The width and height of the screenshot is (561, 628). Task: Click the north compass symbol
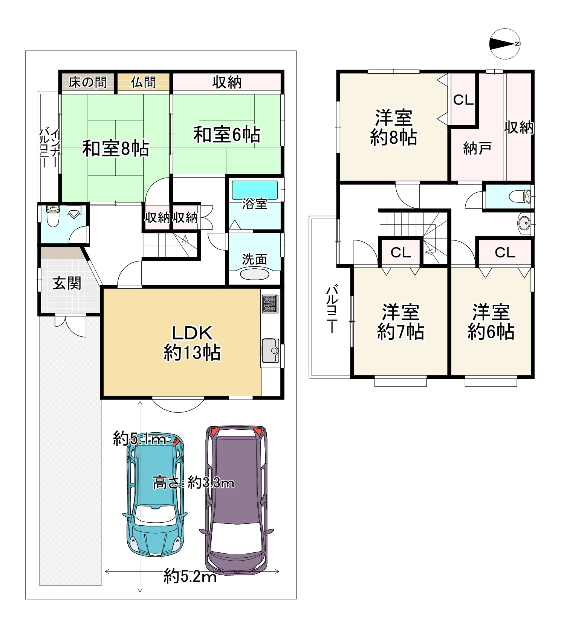(505, 44)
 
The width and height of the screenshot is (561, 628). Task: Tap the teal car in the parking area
(156, 497)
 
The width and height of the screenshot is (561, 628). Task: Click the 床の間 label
(87, 82)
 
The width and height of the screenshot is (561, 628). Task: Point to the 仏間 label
(143, 82)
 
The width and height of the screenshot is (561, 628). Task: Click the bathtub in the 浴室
(255, 190)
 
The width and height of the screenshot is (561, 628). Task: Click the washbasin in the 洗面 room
(255, 274)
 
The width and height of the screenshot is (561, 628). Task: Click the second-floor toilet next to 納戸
(521, 196)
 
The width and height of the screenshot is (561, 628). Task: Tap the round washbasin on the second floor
(524, 223)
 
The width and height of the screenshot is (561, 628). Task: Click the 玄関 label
(67, 283)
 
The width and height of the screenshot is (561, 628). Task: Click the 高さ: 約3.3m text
(193, 482)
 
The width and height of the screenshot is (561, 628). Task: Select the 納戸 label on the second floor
(477, 148)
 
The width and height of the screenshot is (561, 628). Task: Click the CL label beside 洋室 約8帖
(463, 100)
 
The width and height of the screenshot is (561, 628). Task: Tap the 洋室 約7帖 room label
(400, 322)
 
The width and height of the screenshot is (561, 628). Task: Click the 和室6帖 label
(226, 135)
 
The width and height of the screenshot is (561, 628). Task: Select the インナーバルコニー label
(49, 148)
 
